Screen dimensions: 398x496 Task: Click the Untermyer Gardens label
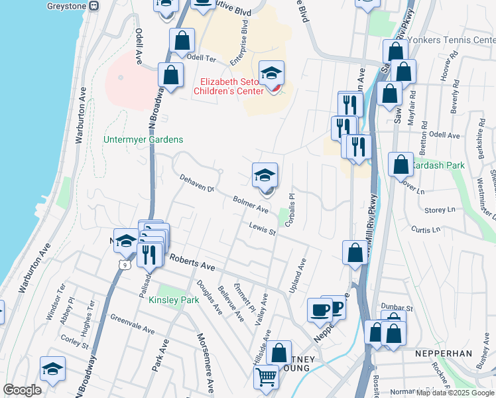click(143, 140)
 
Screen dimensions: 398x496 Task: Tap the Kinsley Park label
click(174, 300)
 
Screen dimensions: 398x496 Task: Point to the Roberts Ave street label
click(192, 263)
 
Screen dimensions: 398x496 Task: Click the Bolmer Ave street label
click(250, 204)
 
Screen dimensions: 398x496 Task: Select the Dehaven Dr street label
click(197, 183)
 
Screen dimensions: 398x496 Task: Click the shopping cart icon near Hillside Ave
click(266, 377)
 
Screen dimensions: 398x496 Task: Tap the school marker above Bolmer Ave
click(265, 176)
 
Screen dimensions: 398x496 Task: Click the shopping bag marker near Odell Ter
click(182, 41)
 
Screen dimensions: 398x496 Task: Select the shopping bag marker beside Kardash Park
click(401, 165)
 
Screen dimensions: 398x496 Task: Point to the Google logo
click(23, 390)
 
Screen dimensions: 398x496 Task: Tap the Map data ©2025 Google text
click(455, 393)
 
